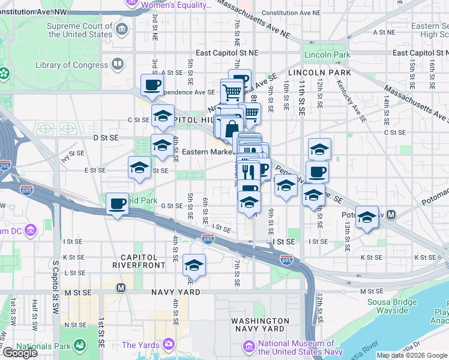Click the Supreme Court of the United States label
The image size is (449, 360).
tap(80, 30)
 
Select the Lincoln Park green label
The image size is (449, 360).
tap(327, 55)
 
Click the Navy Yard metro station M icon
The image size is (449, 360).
tap(121, 287)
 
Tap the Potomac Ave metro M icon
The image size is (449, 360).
tap(391, 214)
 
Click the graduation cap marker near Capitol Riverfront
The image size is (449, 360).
tap(194, 265)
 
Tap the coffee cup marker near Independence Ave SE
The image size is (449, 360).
tap(152, 85)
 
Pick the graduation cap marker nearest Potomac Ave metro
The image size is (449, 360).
tap(366, 217)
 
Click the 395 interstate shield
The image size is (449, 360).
tap(4, 166)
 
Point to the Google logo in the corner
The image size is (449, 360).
tap(20, 353)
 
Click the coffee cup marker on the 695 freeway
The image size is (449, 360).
tap(118, 204)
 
